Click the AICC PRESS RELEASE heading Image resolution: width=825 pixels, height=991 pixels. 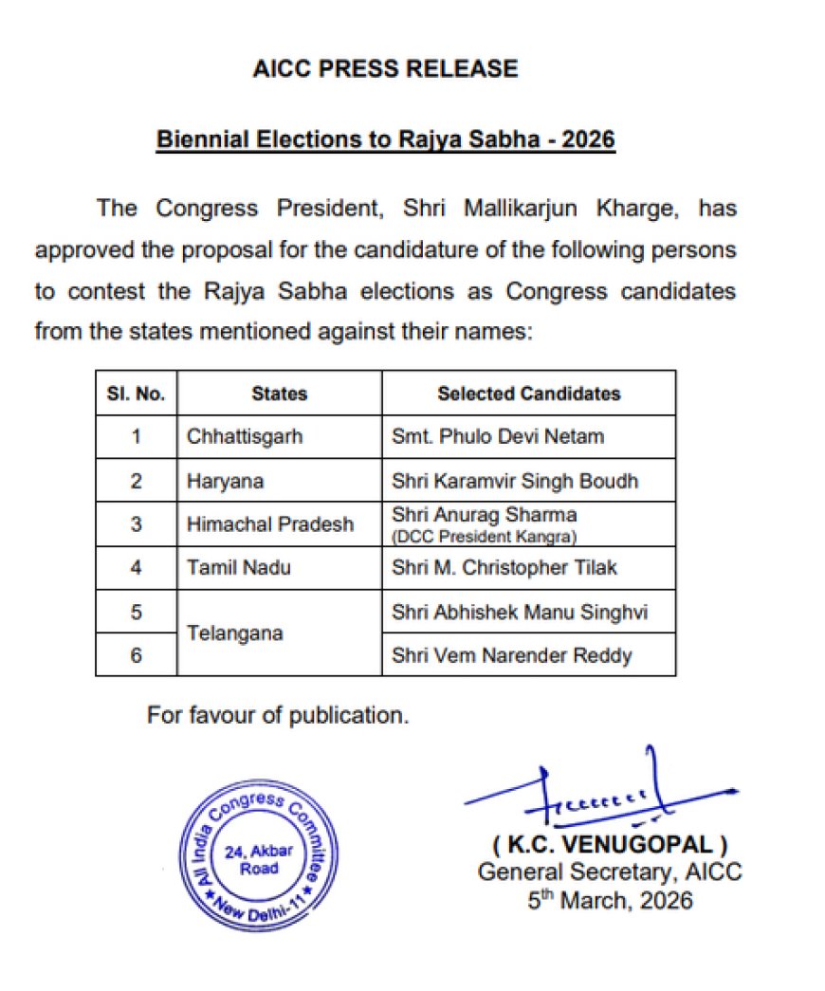point(385,68)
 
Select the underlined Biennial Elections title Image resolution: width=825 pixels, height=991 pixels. point(385,139)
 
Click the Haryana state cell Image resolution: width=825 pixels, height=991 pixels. point(225,481)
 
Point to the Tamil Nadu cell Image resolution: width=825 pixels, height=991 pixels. point(238,567)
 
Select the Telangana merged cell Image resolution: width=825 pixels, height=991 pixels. point(235,633)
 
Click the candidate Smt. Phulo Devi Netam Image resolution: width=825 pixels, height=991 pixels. point(498,437)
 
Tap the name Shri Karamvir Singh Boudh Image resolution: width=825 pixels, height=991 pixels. point(515,481)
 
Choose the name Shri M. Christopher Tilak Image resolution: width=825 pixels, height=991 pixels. point(504,567)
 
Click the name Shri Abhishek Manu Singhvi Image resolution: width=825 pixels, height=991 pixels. point(520,612)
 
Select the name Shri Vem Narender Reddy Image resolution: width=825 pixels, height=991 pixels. point(512,654)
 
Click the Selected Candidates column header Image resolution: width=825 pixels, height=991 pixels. point(528,394)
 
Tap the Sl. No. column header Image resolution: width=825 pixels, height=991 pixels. point(136,394)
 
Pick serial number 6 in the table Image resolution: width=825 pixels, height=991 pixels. point(136,654)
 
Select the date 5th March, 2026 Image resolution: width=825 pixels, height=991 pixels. point(610,899)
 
